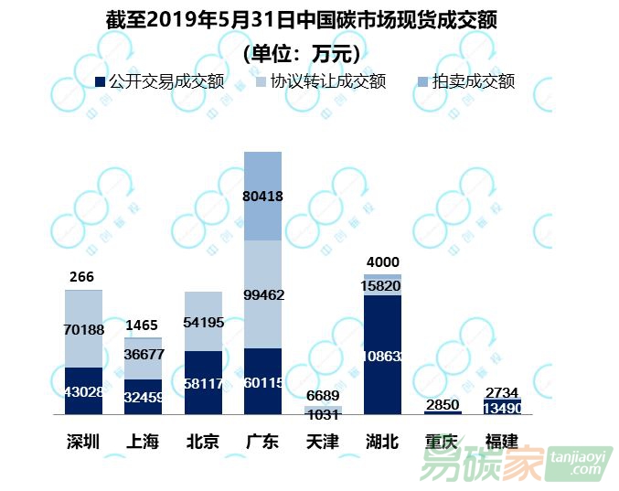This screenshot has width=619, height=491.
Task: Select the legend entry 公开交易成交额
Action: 161,82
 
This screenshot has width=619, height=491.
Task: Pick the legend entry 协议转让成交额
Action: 314,82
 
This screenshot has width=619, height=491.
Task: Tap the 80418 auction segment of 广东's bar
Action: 262,195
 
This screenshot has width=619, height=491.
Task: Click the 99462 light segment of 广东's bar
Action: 262,294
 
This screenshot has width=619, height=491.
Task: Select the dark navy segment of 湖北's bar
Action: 382,355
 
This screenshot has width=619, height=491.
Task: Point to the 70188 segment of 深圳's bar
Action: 83,328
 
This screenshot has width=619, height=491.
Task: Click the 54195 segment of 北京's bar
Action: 203,321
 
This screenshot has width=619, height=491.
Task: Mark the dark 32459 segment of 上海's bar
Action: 143,398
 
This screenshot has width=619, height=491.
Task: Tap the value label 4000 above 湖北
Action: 382,263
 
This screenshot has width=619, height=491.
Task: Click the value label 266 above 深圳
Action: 81,277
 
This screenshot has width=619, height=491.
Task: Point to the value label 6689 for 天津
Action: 322,395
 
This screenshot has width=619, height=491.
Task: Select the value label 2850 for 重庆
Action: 443,404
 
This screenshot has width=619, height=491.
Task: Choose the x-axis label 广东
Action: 262,442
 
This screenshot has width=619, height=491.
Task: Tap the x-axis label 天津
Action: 322,442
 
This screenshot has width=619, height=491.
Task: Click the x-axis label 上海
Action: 143,442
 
